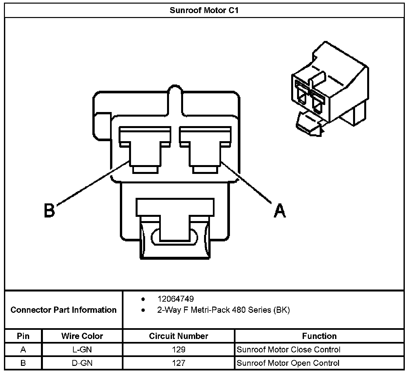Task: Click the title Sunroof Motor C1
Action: coord(204,10)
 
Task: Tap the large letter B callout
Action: coord(49,210)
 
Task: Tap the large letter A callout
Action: coord(279,210)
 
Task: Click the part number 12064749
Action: coord(176,299)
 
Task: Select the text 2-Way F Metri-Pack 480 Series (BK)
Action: coord(223,310)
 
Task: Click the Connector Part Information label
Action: coord(64,310)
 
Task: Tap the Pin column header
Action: coord(23,336)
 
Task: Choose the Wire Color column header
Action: coord(82,336)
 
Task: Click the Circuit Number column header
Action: coord(179,336)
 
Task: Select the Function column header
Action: coord(319,336)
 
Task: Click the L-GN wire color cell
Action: coord(82,349)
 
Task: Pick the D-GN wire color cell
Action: coord(82,363)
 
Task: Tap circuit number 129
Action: coord(179,349)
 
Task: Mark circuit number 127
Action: coord(179,363)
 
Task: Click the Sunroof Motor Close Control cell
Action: coord(289,349)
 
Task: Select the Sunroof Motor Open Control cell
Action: coord(288,363)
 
